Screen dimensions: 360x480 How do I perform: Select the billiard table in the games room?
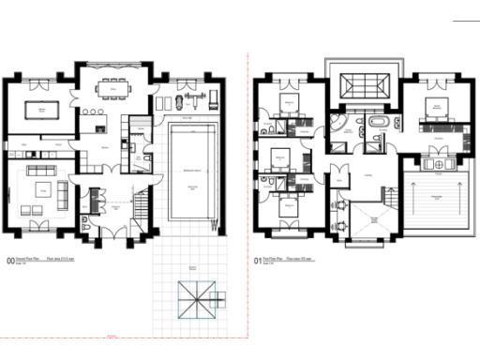(41, 110)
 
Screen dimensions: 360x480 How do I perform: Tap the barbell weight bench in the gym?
(195, 95)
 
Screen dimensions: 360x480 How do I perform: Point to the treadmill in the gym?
(213, 97)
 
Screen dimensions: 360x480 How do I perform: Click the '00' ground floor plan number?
(10, 264)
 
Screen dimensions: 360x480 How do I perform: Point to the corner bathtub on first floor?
(337, 126)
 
